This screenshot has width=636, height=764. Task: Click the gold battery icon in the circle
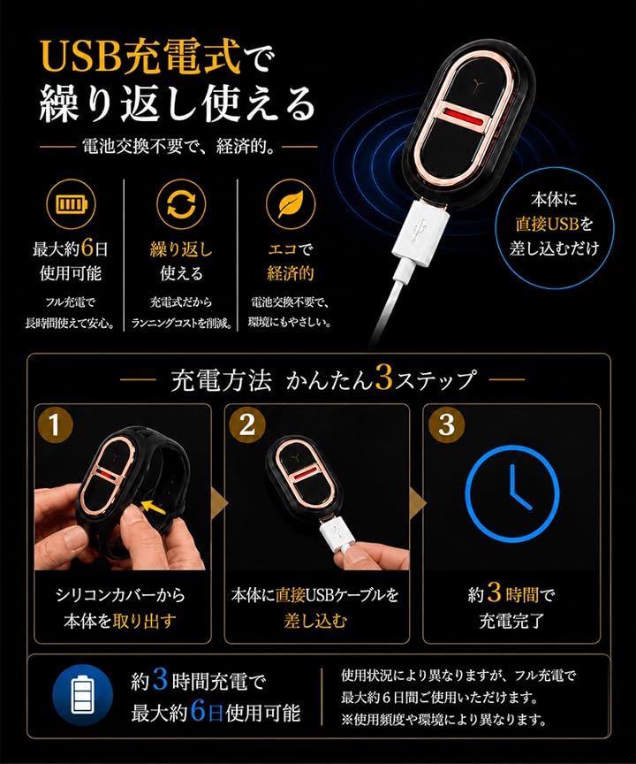point(71,204)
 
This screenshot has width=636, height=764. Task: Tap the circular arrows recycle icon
point(181,203)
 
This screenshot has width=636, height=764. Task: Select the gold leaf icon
point(291,203)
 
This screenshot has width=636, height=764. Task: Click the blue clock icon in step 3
point(512,493)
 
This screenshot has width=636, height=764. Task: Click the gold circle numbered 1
point(54,424)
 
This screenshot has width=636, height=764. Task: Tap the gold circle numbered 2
point(247,424)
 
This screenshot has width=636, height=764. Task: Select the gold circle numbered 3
point(447,424)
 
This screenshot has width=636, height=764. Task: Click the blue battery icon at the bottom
point(82,695)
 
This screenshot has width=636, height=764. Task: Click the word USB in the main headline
point(80,57)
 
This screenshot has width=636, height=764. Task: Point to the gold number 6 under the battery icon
point(87,248)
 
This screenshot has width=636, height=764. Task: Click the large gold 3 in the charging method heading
point(384,379)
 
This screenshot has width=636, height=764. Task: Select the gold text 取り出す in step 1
point(144,621)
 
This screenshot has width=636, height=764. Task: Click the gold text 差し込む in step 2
point(316,621)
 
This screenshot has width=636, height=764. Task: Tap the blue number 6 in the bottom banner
point(198,711)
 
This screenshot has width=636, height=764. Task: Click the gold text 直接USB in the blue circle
point(547,224)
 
